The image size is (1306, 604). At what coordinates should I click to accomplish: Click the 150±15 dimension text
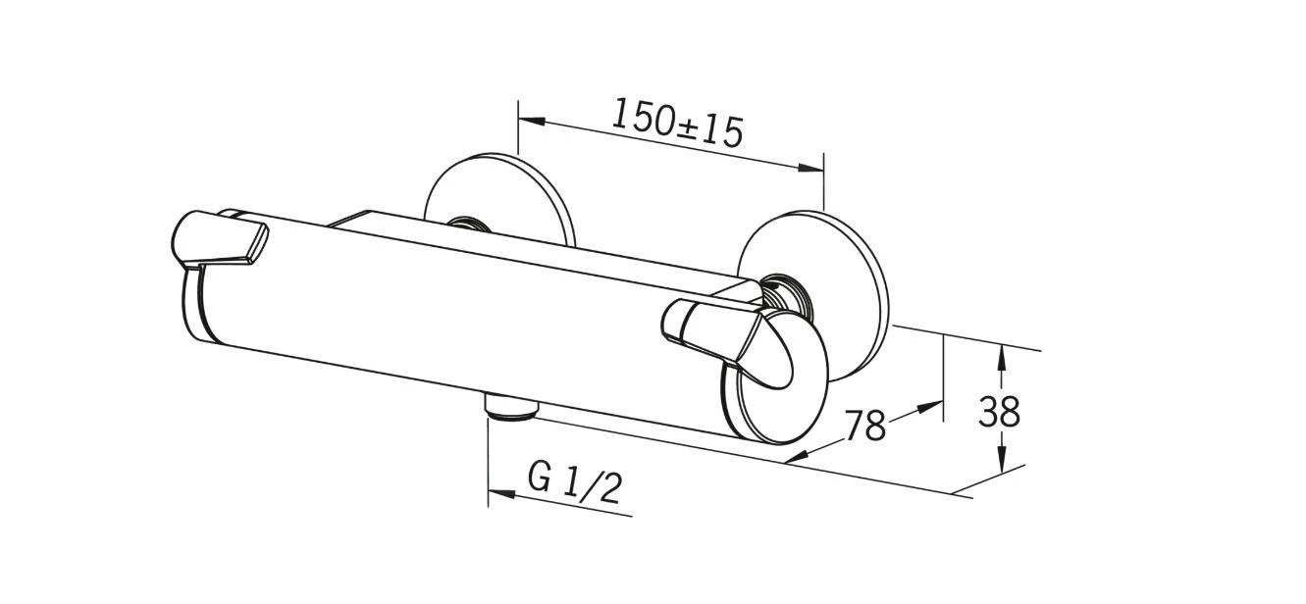tap(677, 123)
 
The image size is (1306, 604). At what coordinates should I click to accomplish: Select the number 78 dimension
tap(865, 426)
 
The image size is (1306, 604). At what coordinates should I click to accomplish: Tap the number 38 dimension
tap(999, 412)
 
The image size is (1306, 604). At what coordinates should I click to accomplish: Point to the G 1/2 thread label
tap(575, 481)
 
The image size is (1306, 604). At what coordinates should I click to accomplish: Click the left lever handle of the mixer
tap(220, 241)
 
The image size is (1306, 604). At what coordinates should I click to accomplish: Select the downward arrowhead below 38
tap(1001, 461)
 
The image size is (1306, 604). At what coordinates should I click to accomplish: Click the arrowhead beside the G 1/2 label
tap(501, 494)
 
